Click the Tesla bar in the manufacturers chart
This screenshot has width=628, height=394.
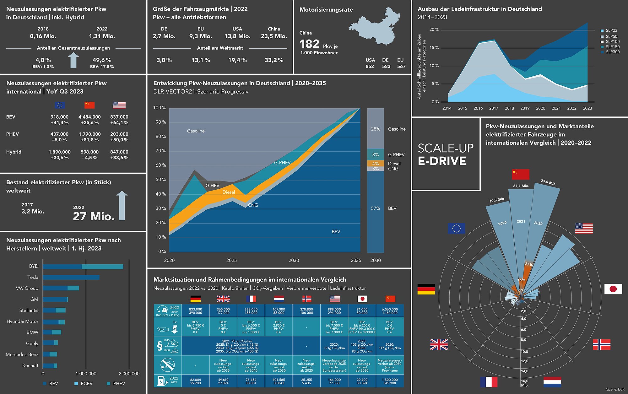point(71,278)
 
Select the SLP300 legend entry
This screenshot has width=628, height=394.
point(612,52)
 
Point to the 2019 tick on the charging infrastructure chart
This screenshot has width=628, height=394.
point(525,108)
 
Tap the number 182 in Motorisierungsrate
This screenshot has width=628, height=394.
point(309,44)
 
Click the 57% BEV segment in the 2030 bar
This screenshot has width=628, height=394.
point(376,208)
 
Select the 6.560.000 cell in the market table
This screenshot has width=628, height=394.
point(390,309)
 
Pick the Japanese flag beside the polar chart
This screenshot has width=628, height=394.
point(613,289)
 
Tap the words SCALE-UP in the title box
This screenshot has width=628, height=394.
point(446,148)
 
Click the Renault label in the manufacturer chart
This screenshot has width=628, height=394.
point(30,365)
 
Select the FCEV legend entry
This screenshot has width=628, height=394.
point(86,384)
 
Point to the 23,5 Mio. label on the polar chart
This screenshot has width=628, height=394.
point(548,182)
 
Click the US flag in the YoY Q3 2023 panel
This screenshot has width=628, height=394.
point(119,105)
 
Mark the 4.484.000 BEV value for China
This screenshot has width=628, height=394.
point(89,117)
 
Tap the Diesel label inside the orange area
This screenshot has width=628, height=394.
point(229,192)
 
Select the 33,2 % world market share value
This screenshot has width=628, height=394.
point(274,60)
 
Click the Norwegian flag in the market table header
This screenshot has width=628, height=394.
point(306,299)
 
